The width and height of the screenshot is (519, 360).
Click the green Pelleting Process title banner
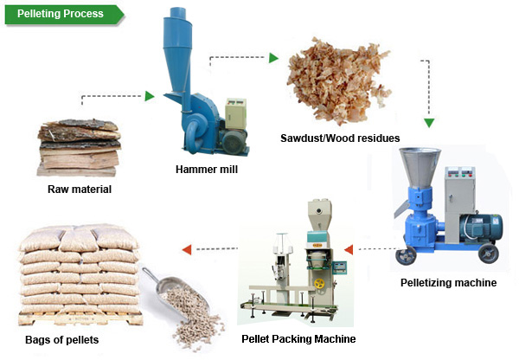tap(65, 14)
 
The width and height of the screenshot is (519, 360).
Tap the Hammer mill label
tap(207, 170)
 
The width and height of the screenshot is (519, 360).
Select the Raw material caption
tap(80, 190)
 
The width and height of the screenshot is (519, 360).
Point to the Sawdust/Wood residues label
tap(340, 138)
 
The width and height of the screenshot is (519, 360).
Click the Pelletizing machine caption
tap(448, 282)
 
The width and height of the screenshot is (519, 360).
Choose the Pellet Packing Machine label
tap(298, 339)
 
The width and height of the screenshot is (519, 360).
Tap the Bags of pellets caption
tap(62, 340)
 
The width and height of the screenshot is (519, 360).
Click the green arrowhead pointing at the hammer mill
tap(150, 96)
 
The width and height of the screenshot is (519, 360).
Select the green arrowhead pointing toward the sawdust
tap(273, 58)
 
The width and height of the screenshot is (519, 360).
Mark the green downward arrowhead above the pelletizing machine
tap(429, 123)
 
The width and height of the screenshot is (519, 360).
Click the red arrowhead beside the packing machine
tap(349, 249)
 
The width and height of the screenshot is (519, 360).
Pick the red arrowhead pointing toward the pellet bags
tap(187, 249)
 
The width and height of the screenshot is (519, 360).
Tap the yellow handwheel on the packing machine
tap(319, 284)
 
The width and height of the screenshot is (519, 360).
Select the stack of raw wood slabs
tap(79, 148)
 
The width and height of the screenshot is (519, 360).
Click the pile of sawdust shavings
tap(338, 80)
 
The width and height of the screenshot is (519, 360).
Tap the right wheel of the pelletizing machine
tap(489, 254)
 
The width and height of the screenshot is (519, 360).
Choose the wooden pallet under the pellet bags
tap(80, 318)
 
